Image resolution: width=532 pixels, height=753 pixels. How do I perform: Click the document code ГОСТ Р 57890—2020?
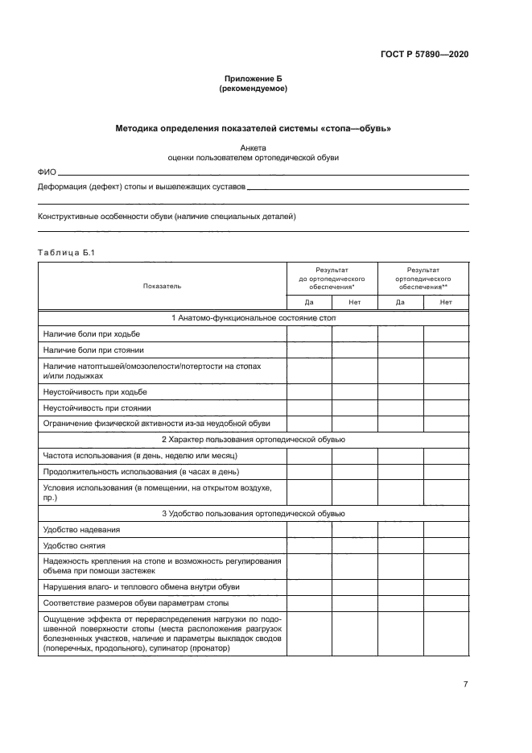tap(424, 54)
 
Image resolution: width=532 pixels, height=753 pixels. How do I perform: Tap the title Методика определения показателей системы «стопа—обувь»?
tap(253, 128)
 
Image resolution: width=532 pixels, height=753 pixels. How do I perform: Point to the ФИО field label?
tap(47, 172)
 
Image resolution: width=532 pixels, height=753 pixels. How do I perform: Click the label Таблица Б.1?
tap(66, 254)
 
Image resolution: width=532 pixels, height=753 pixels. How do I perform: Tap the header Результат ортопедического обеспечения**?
tap(423, 278)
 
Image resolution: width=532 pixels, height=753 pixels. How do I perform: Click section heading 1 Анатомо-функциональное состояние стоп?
tap(253, 318)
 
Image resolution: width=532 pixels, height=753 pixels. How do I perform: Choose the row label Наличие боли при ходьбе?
tap(91, 334)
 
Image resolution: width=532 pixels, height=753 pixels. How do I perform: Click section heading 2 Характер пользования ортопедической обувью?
tap(253, 440)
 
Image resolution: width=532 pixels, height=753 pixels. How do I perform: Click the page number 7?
tap(465, 685)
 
